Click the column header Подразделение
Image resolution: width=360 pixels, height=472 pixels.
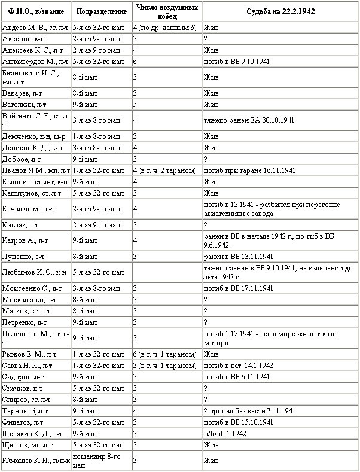pos(101,11)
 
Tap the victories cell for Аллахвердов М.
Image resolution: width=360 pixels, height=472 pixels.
pos(167,60)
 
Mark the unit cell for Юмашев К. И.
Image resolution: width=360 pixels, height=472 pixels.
pos(101,460)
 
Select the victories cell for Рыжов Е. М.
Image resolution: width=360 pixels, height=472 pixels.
pos(167,354)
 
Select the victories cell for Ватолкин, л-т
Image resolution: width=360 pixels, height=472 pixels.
pos(167,104)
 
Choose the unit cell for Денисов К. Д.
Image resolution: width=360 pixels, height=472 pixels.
pos(101,147)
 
